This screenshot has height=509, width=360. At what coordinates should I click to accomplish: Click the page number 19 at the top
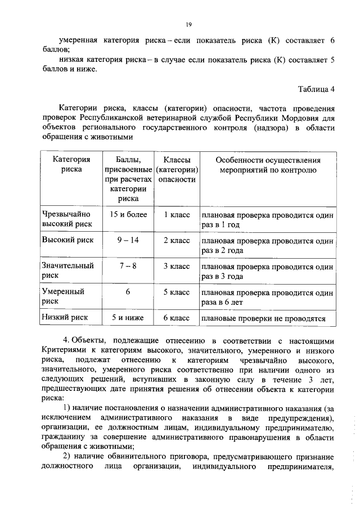pyautogui.click(x=189, y=24)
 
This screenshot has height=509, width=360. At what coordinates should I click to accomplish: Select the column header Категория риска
pyautogui.click(x=64, y=164)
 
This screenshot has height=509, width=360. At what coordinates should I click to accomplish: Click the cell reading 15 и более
pyautogui.click(x=128, y=214)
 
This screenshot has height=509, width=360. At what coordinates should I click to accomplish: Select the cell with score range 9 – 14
pyautogui.click(x=128, y=240)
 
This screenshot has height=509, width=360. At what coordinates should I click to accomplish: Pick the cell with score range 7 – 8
pyautogui.click(x=128, y=265)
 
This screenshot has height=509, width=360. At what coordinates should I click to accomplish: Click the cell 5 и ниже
pyautogui.click(x=128, y=318)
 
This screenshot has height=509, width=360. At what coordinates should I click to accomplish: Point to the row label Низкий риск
pyautogui.click(x=62, y=318)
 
